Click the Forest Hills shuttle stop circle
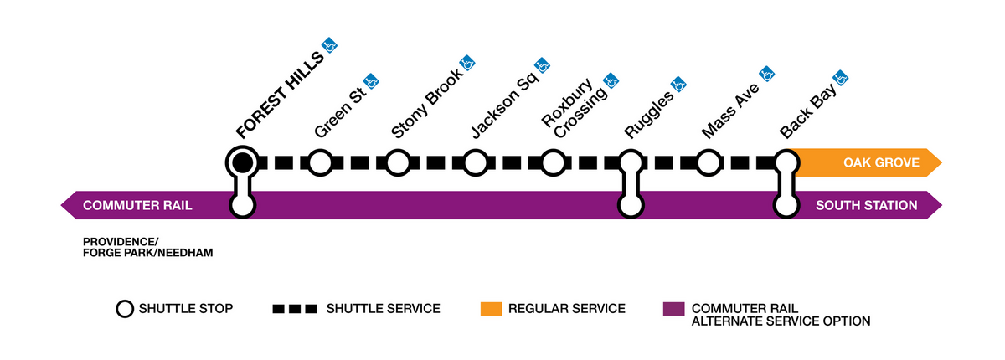tap(242, 162)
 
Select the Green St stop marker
tap(319, 162)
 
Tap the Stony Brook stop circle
tap(397, 162)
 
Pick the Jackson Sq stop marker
tap(475, 162)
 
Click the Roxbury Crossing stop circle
tap(552, 162)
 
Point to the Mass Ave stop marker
tap(708, 162)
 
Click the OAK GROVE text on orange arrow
tap(881, 162)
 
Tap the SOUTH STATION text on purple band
tap(866, 205)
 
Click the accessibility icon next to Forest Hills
tap(331, 44)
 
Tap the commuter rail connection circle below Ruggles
tap(630, 205)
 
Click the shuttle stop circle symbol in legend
tap(124, 309)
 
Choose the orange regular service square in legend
tap(491, 309)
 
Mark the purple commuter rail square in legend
tap(672, 309)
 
